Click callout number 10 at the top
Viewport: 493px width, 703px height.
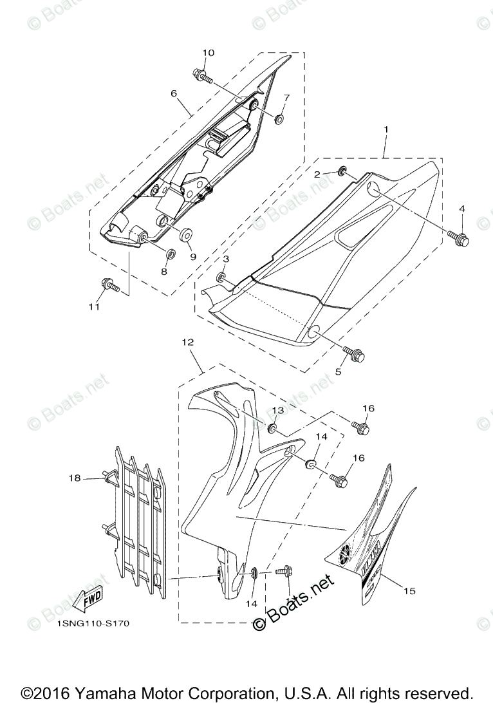209,53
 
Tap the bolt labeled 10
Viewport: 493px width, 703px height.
201,75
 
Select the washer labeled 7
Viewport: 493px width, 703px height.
279,118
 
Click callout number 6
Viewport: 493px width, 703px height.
174,93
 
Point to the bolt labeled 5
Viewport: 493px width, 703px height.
356,353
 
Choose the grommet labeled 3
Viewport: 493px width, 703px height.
221,277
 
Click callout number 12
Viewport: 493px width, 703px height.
188,343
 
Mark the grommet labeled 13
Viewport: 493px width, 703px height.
273,428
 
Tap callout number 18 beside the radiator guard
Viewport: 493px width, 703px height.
75,478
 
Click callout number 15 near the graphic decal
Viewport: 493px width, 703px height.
409,590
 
